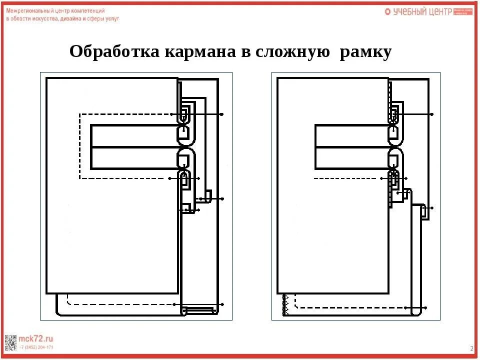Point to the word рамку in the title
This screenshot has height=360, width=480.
tap(365, 51)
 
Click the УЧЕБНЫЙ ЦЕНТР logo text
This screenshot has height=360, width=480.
tap(422, 11)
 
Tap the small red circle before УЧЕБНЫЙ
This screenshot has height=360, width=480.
tap(387, 11)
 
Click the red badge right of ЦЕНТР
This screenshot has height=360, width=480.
tap(463, 11)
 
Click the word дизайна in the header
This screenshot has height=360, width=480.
tap(70, 18)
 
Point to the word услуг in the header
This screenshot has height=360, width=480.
tap(112, 18)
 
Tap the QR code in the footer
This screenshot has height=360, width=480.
tap(9, 342)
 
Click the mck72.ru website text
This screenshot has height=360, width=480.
tap(35, 338)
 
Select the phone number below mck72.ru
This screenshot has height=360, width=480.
tap(36, 347)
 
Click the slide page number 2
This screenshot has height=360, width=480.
tap(471, 348)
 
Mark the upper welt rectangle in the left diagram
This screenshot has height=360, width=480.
tap(134, 135)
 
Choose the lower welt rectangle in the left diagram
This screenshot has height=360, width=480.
tap(134, 158)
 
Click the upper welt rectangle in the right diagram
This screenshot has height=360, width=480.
tap(352, 135)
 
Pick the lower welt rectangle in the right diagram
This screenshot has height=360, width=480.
tap(352, 158)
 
